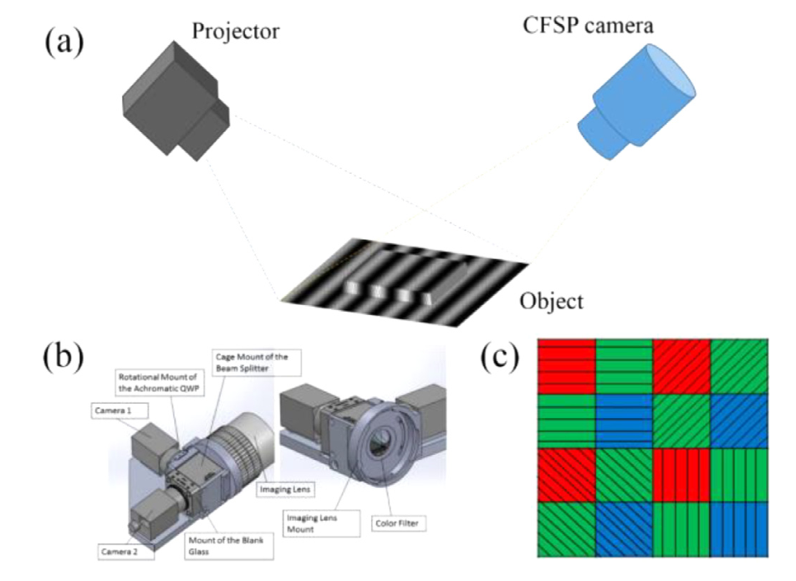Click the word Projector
coord(235,33)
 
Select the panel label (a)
coord(64,39)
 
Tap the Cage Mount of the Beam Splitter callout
coord(252,362)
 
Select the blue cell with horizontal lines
coord(623,420)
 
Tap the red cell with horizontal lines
coord(565,366)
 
